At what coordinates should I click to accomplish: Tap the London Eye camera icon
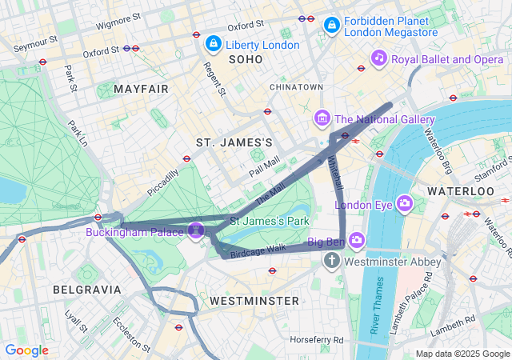pos(405,203)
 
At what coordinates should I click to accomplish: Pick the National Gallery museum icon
pos(322,119)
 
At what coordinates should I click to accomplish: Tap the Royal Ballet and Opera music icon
pos(379,58)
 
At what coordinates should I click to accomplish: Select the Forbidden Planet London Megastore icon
pos(331,26)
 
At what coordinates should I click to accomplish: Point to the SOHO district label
pos(245,60)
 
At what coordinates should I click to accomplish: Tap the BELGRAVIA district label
pos(86,289)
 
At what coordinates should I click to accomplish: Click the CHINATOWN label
pos(296,86)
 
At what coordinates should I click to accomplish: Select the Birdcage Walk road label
pos(258,250)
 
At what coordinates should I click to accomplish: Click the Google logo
pos(26,350)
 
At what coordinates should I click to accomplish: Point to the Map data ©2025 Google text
pos(462,354)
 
